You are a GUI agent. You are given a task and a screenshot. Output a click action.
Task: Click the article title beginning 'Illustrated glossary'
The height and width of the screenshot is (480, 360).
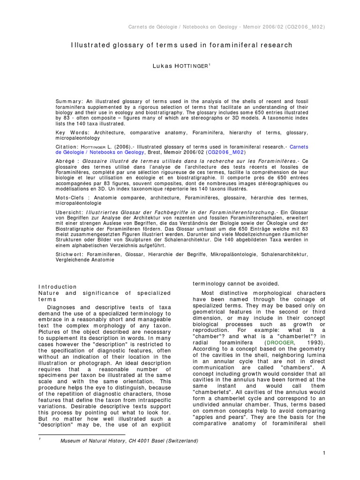pyautogui.click(x=181, y=45)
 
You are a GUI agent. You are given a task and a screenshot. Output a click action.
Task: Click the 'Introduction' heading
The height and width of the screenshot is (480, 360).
pyautogui.click(x=57, y=286)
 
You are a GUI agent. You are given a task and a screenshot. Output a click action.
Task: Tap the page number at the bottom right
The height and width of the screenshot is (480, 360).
pyautogui.click(x=324, y=453)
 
